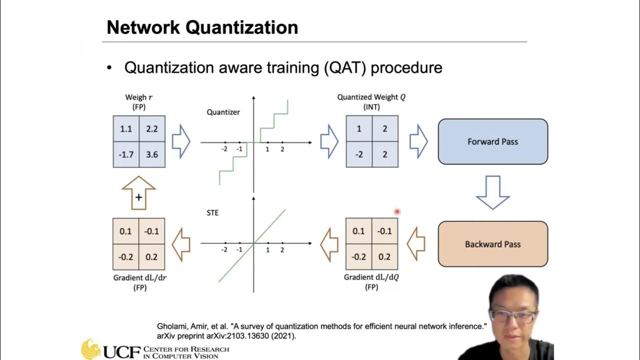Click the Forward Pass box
(492, 141)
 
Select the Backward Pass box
(492, 244)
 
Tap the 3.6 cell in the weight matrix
(152, 154)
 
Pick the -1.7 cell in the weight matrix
(126, 154)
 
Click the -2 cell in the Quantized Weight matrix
(359, 154)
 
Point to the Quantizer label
(223, 112)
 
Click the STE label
(212, 213)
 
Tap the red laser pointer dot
(397, 211)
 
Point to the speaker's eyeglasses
(513, 316)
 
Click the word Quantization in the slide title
(242, 27)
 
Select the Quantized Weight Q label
(371, 97)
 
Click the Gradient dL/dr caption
(139, 278)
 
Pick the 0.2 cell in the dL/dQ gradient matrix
(384, 257)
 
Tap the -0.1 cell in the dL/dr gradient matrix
(152, 231)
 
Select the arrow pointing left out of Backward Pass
(416, 244)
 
